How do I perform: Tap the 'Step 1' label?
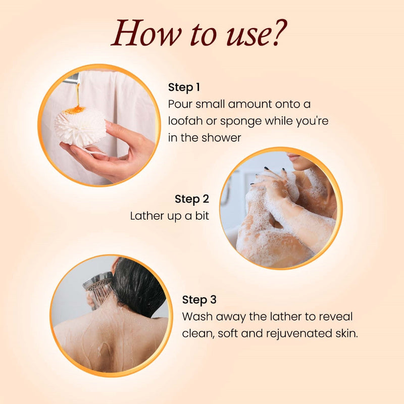pos(184,87)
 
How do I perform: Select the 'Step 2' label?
pos(192,199)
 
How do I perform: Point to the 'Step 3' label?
pos(199,299)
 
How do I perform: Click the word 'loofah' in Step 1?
pos(185,121)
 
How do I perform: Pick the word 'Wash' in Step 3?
pos(197,317)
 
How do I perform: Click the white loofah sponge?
pos(80,126)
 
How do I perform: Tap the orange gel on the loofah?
pos(75,110)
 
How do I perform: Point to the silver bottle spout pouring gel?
pos(72,78)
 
